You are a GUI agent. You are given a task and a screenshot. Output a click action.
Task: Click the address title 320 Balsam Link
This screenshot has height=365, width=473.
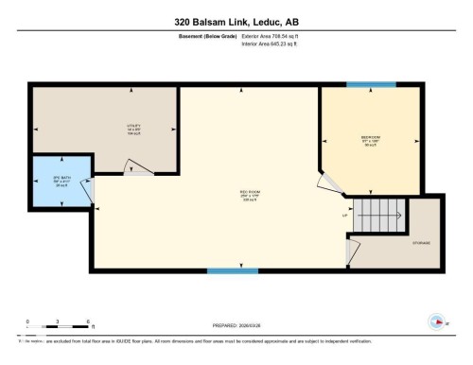click(236, 21)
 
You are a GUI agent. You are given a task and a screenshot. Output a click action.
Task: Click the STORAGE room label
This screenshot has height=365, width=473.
click(421, 242)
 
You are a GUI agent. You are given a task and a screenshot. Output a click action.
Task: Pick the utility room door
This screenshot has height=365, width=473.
click(138, 167)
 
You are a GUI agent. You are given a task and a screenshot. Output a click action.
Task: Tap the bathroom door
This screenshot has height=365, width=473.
click(88, 193)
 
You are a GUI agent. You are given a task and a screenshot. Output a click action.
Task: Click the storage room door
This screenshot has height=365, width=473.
click(353, 250)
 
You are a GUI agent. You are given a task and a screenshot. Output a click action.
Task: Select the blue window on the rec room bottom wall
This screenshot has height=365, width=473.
click(233, 270)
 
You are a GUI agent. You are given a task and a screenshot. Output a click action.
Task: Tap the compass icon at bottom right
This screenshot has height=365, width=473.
click(436, 319)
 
